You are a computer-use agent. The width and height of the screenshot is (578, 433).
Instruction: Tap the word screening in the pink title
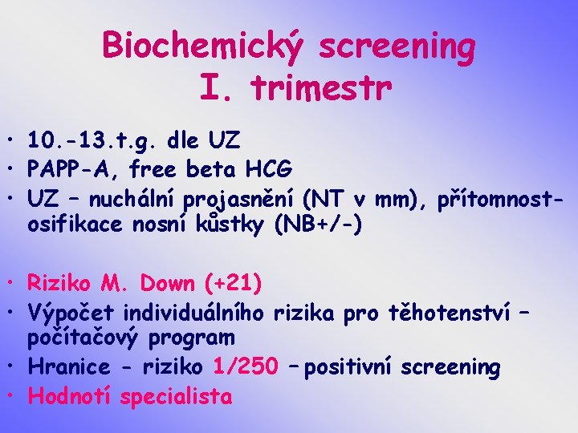397,48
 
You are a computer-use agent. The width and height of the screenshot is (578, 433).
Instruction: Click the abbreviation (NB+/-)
318,225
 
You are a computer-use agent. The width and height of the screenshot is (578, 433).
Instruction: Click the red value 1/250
245,367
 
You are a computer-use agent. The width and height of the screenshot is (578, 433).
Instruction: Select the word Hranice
68,367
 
